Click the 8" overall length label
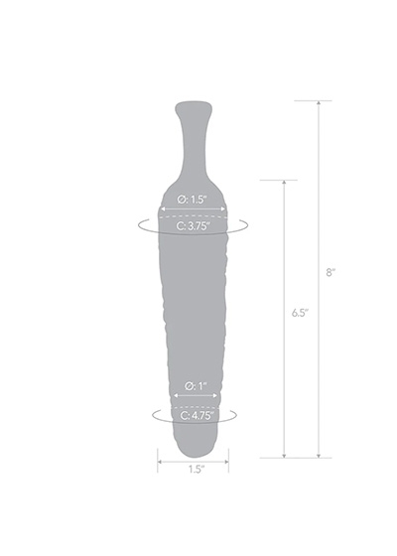[x=331, y=272]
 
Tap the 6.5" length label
[x=301, y=313]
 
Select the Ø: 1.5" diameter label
[x=192, y=200]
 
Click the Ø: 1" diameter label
[x=196, y=386]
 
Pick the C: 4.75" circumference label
[x=198, y=415]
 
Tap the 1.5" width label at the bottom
[x=197, y=470]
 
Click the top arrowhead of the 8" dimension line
[x=319, y=103]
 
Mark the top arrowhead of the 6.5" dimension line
[x=284, y=183]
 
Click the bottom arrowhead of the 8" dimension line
[x=319, y=456]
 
